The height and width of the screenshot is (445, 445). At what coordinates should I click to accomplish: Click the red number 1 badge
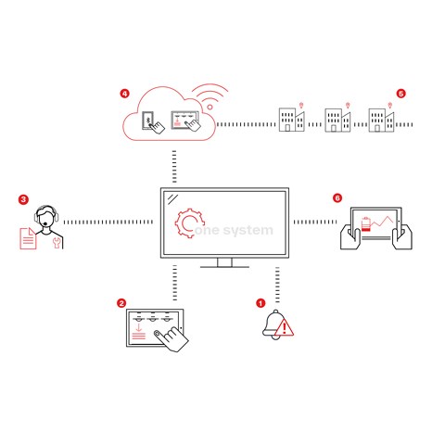tap(261, 301)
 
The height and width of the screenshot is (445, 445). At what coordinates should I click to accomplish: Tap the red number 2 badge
tap(121, 302)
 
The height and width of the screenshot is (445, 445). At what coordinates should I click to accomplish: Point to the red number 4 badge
tap(124, 94)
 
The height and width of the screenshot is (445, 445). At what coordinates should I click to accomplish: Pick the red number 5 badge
tap(400, 94)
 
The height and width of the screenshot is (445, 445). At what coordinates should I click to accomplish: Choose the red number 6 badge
tap(337, 198)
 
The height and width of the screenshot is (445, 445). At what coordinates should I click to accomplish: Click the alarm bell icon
tap(273, 323)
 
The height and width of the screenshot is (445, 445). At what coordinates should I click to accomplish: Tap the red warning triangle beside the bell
tap(286, 326)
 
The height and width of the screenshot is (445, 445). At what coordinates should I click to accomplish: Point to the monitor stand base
tap(224, 265)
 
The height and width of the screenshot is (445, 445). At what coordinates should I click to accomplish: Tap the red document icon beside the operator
tap(29, 240)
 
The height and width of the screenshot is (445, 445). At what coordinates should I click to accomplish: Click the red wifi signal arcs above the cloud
tap(211, 95)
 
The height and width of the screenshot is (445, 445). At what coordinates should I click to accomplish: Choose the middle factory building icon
tap(336, 119)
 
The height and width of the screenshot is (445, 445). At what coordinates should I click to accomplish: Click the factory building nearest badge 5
tap(378, 119)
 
